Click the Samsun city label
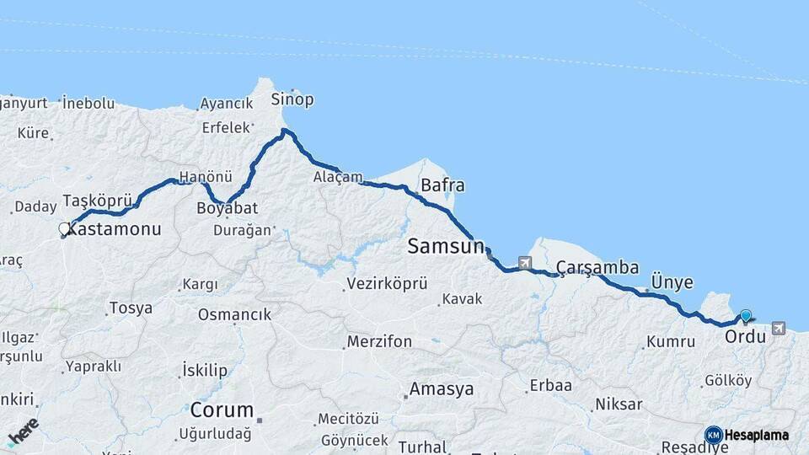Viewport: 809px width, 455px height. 446,247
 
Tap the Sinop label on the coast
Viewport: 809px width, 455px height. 292,99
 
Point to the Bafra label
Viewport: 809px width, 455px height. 442,185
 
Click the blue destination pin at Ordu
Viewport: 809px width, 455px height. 745,316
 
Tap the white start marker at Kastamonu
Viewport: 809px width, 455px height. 64,228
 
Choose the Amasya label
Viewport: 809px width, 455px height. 441,390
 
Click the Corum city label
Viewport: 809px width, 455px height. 222,411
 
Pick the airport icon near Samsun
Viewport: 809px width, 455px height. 526,263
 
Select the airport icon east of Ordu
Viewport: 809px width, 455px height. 777,328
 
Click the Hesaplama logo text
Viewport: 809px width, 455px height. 756,435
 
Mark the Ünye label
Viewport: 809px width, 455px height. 672,282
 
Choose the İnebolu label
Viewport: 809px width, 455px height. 89,103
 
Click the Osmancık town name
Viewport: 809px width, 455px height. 235,314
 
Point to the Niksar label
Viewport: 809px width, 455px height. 619,404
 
